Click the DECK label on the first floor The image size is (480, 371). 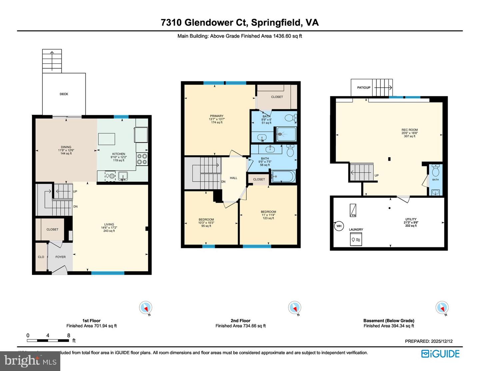pos(64,94)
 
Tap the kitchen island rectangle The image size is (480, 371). pos(106,139)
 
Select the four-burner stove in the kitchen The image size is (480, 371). pos(142,159)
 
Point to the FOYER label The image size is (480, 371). pos(60,257)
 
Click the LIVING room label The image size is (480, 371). pos(109,224)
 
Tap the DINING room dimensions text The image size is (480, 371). pos(66,150)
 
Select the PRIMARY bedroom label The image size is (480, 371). pos(217,116)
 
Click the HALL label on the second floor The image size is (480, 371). pos(233,178)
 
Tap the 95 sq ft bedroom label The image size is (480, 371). pos(206,220)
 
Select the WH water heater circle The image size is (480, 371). pos(339,226)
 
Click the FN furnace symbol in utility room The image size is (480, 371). pos(353,211)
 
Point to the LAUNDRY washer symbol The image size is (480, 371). pos(356,239)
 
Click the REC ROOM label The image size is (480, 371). pos(409,130)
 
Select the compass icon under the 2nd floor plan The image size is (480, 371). pos(294,307)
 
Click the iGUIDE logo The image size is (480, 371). pos(440,354)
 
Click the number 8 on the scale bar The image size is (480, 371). pos(69,335)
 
